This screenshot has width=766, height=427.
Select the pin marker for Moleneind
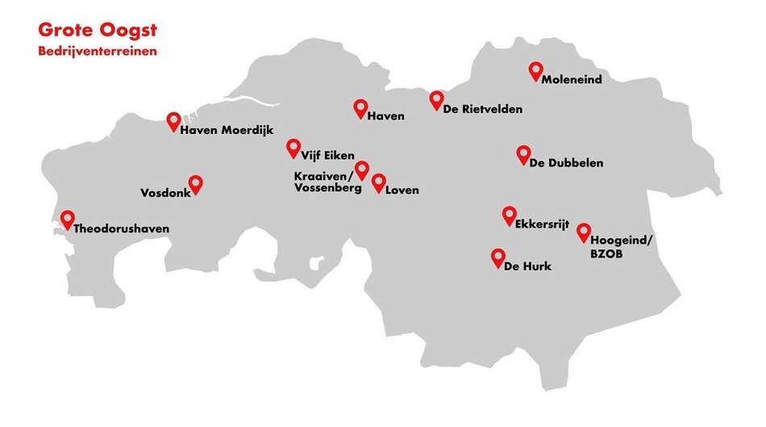tap(535, 70)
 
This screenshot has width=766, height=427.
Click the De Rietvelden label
tap(482, 109)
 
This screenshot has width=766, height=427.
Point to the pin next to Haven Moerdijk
tap(173, 120)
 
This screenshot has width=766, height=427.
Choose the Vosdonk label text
tap(164, 194)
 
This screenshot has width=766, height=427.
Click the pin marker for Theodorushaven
tap(67, 218)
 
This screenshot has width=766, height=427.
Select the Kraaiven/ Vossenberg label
tap(322, 182)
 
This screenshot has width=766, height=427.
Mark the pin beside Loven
tap(378, 182)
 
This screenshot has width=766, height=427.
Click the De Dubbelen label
tap(566, 164)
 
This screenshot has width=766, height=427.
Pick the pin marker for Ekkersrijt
tap(509, 214)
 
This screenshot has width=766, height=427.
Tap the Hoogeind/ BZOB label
tap(622, 247)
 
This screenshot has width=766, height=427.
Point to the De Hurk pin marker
tap(497, 257)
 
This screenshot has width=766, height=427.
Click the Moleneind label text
tap(572, 80)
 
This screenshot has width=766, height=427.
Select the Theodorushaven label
tap(121, 228)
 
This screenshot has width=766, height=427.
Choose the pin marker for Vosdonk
tap(194, 183)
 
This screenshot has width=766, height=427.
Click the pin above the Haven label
tap(360, 107)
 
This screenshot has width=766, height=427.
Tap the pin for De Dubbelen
tap(523, 153)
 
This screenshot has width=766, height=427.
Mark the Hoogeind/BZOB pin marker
tap(583, 232)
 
